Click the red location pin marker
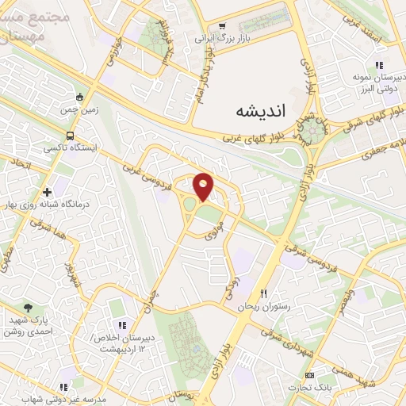[x=204, y=186]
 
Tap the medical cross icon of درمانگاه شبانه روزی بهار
[x=48, y=192]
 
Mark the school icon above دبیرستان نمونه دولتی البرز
[x=380, y=64]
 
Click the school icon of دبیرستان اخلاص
[x=122, y=325]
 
